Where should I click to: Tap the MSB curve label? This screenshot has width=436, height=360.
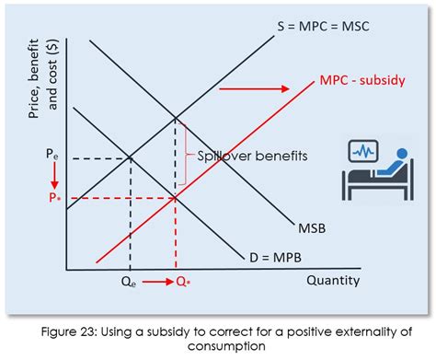313,227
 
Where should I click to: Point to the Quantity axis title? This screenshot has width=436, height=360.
332,280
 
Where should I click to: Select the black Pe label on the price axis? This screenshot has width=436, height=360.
52,157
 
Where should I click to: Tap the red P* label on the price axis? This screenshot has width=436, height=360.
52,198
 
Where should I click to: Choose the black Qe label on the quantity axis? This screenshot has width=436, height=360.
131,283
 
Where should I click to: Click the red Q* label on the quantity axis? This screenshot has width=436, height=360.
183,283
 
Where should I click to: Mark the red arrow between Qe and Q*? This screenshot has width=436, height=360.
156,282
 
